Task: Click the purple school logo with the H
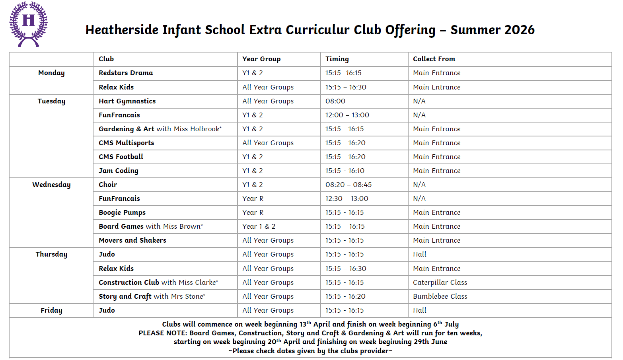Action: pyautogui.click(x=28, y=24)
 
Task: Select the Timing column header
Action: pyautogui.click(x=337, y=59)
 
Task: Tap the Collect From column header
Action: pyautogui.click(x=434, y=59)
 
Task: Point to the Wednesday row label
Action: pyautogui.click(x=51, y=185)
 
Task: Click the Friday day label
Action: pyautogui.click(x=51, y=310)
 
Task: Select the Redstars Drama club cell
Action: pyautogui.click(x=126, y=73)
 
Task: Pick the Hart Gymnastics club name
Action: pyautogui.click(x=127, y=101)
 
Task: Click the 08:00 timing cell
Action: pyautogui.click(x=335, y=101)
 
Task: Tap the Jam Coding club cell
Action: pyautogui.click(x=119, y=171)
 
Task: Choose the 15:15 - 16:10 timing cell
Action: pyautogui.click(x=345, y=171)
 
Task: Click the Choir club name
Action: pyautogui.click(x=108, y=185)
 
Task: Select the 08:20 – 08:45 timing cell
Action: pyautogui.click(x=348, y=185)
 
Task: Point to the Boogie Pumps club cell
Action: pyautogui.click(x=122, y=212)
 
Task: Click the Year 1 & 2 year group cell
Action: pyautogui.click(x=259, y=226)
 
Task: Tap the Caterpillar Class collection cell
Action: pyautogui.click(x=440, y=282)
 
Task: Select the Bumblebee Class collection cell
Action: pyautogui.click(x=440, y=296)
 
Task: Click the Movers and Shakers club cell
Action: pyautogui.click(x=132, y=240)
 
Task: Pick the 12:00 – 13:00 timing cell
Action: pyautogui.click(x=347, y=115)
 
